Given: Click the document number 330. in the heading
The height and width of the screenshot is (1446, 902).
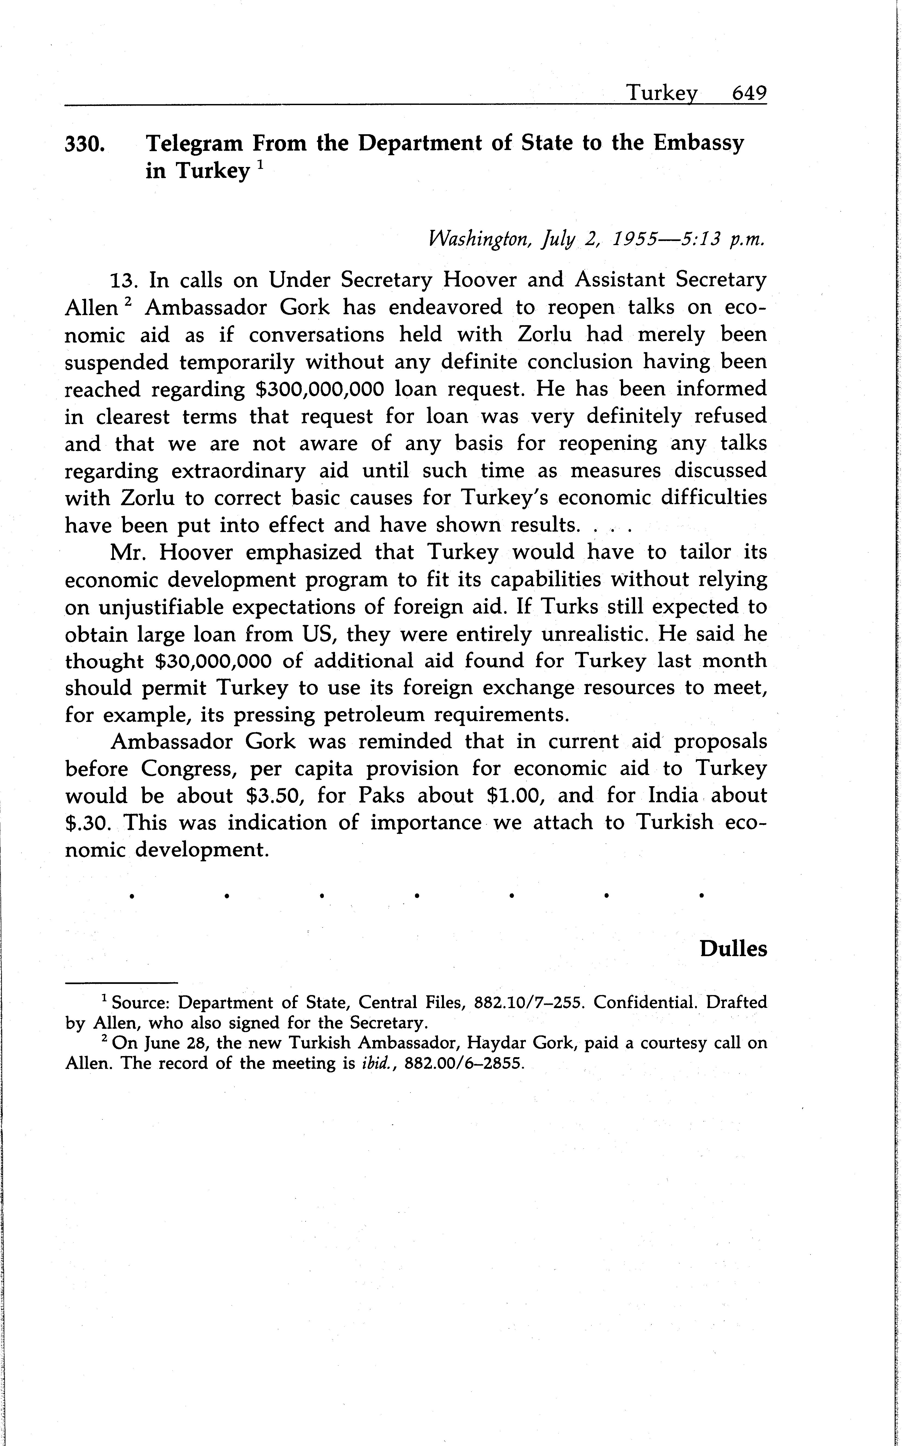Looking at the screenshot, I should [x=85, y=144].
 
